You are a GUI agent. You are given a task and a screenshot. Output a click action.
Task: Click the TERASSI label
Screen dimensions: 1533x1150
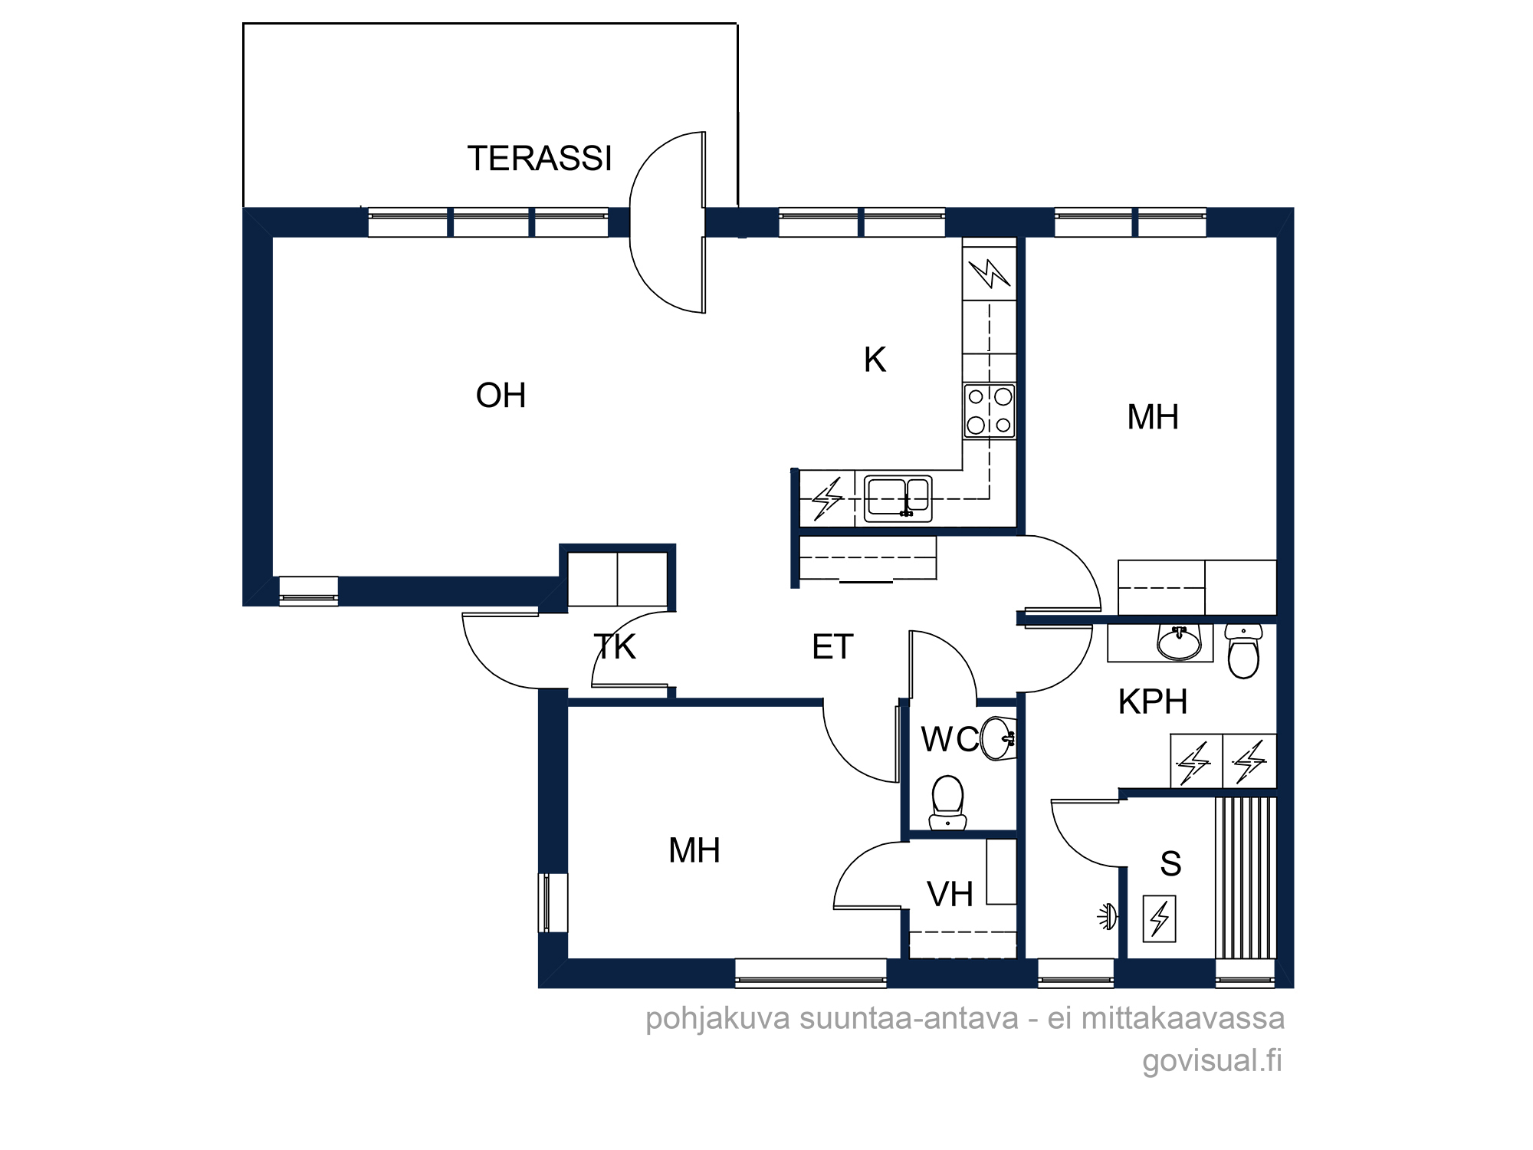pos(540,159)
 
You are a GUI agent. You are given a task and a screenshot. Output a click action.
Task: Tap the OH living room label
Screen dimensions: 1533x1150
pos(501,396)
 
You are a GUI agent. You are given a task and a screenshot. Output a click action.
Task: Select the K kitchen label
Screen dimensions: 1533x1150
pos(875,360)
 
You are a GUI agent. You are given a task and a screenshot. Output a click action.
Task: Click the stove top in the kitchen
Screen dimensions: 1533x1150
pos(990,410)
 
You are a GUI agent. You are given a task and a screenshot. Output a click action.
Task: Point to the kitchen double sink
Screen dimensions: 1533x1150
pos(898,498)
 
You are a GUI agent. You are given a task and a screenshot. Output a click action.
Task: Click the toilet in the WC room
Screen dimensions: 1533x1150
pos(947,803)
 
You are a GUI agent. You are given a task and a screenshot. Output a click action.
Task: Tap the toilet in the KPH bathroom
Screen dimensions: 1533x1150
pos(1243,651)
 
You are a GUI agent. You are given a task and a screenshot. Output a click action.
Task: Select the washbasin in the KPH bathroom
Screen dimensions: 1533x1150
pos(1180,642)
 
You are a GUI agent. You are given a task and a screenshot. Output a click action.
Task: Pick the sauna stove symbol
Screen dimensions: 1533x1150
pos(1159,918)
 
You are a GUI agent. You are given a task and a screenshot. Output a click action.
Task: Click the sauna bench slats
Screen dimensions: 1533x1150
pos(1246,878)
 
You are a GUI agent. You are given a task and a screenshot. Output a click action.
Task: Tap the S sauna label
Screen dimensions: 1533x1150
pos(1170,864)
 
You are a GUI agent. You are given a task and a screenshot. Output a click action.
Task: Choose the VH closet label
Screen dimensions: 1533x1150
pos(950,894)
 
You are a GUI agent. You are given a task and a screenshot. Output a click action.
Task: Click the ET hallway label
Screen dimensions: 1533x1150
pos(832,647)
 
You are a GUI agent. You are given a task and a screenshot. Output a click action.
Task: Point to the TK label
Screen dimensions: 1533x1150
pos(615,647)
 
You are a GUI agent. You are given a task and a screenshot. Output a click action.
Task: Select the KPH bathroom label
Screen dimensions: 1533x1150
pos(1153,701)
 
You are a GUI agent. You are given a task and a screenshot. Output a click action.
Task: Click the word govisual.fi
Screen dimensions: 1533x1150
pos(1212,1060)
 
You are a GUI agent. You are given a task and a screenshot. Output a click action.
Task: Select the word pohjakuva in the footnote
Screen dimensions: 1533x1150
pos(717,1019)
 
